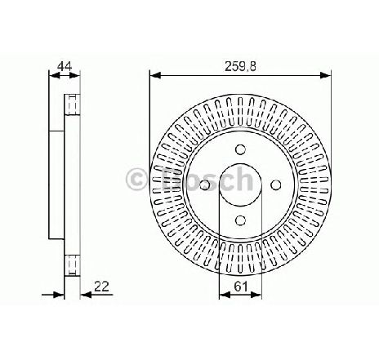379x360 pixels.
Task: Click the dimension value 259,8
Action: coord(240,66)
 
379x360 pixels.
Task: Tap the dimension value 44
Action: coord(65,66)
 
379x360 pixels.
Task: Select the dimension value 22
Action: coord(101,287)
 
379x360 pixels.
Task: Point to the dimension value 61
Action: coord(241,287)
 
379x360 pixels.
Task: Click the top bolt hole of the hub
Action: coord(240,149)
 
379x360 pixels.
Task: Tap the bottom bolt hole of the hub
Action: coord(240,220)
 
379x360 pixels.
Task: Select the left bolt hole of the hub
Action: coord(205,184)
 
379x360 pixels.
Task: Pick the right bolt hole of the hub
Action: coord(276,184)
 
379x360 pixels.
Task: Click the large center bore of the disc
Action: coord(240,184)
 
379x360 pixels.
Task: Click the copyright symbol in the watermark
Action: coord(136,180)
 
